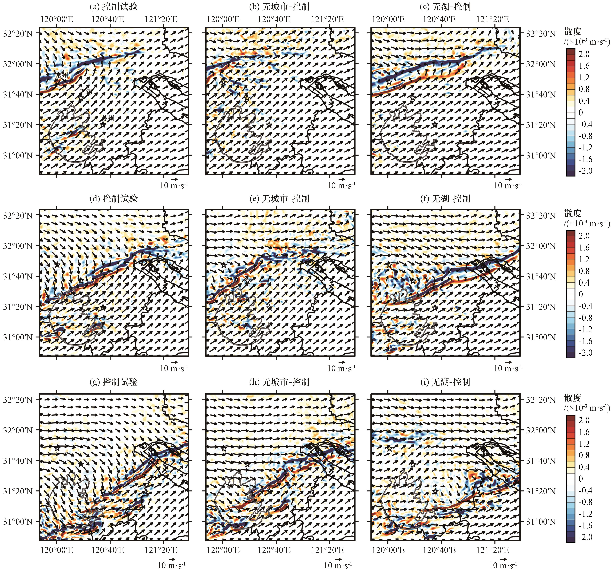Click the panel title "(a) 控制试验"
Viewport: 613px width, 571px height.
113,7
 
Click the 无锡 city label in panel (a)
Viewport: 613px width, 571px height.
85,92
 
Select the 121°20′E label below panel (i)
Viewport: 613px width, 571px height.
492,550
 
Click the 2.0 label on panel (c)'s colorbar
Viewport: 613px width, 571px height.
584,54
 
